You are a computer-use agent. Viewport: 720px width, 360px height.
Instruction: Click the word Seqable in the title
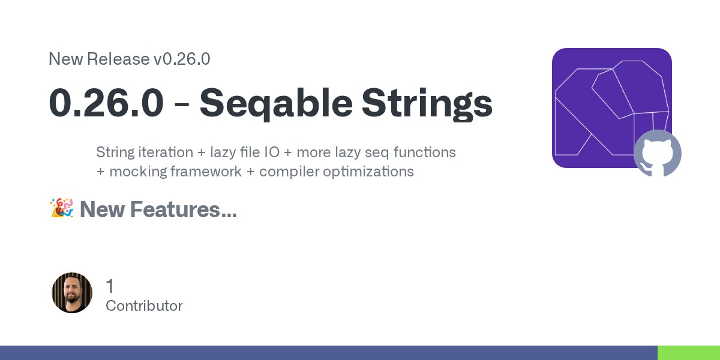[x=276, y=103]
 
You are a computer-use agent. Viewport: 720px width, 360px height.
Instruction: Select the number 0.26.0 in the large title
[x=106, y=103]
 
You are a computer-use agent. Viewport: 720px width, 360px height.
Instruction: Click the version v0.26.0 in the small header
[x=182, y=59]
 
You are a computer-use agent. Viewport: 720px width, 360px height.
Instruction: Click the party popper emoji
[x=61, y=209]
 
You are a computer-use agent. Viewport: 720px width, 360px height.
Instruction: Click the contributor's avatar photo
[x=72, y=293]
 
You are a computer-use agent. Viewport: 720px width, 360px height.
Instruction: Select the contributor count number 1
[x=110, y=286]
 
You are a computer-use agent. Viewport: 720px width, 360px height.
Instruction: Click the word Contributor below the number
[x=144, y=306]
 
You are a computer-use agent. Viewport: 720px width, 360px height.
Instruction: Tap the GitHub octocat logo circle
[x=658, y=154]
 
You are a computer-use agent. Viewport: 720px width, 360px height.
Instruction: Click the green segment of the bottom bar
[x=688, y=353]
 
